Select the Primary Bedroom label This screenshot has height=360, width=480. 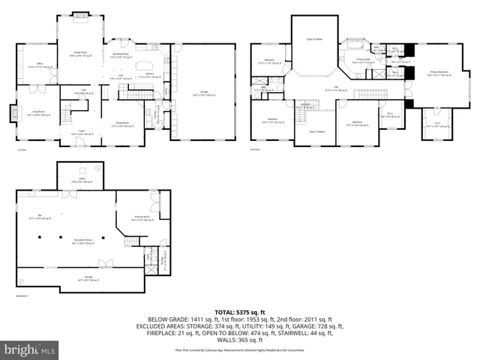point(439,73)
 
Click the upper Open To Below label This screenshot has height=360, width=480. point(314,38)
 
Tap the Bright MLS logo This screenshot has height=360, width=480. point(30,349)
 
